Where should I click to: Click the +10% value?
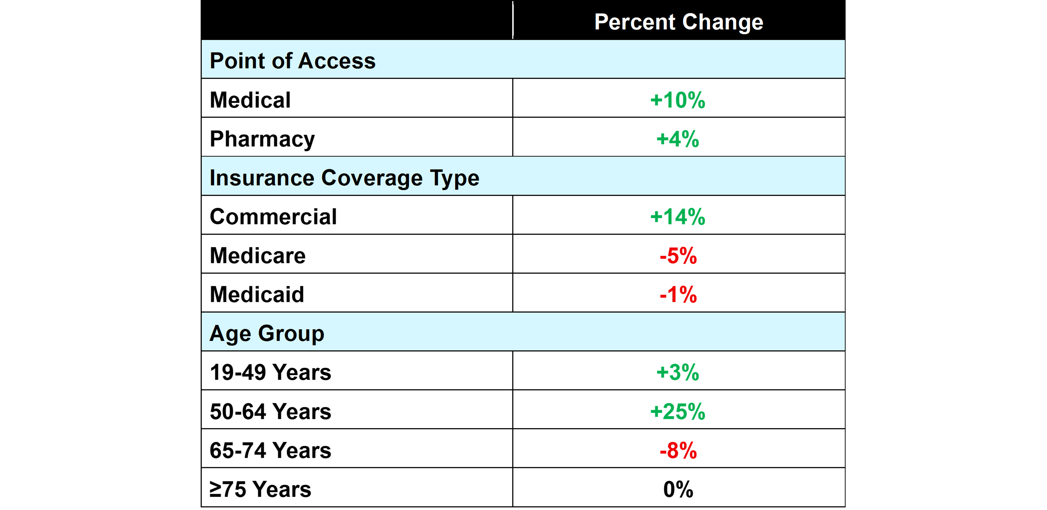[678, 100]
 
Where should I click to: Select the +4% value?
[678, 139]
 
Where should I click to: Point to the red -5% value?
[678, 256]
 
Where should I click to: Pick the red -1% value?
[678, 295]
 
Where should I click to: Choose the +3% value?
[678, 372]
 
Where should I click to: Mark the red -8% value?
[678, 451]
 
